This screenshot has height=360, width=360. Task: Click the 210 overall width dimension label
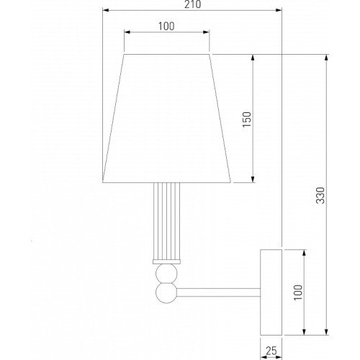[x=192, y=4]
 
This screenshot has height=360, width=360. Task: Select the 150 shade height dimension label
[x=247, y=120]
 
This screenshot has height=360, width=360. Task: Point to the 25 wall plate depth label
[x=271, y=351]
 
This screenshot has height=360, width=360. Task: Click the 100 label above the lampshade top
[x=166, y=26]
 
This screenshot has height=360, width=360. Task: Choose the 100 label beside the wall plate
[x=298, y=292]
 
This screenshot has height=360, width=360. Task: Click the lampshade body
[x=166, y=119]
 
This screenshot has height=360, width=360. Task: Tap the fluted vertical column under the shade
[x=166, y=221]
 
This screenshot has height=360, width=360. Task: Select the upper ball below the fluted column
[x=166, y=274]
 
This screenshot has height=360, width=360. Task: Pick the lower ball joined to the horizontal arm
[x=166, y=293]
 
